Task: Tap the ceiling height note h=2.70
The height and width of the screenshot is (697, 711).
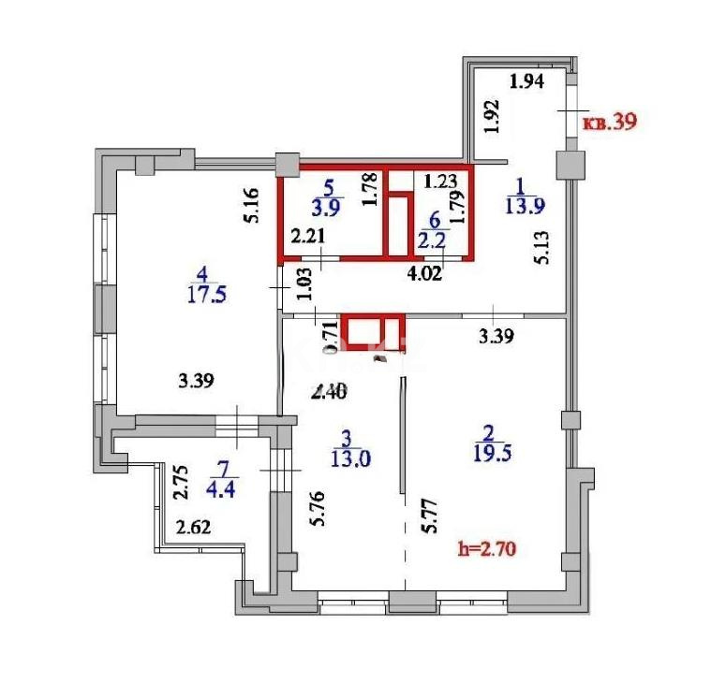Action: (487, 549)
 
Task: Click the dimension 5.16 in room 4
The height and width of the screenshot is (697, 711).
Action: (249, 205)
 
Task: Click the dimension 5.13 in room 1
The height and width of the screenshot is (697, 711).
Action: (541, 248)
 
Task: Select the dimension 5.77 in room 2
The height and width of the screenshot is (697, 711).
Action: (429, 515)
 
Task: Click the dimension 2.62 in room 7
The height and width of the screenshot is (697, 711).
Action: (194, 526)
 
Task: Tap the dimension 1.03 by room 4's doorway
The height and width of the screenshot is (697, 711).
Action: (304, 283)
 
